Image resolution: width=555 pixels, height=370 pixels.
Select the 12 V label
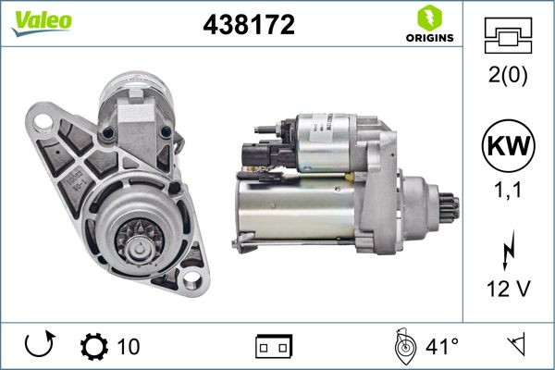pyautogui.click(x=508, y=290)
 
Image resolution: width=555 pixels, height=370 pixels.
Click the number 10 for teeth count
pyautogui.click(x=129, y=347)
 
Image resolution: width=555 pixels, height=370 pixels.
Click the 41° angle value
pyautogui.click(x=442, y=347)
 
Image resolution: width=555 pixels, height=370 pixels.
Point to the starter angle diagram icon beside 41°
pyautogui.click(x=402, y=346)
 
